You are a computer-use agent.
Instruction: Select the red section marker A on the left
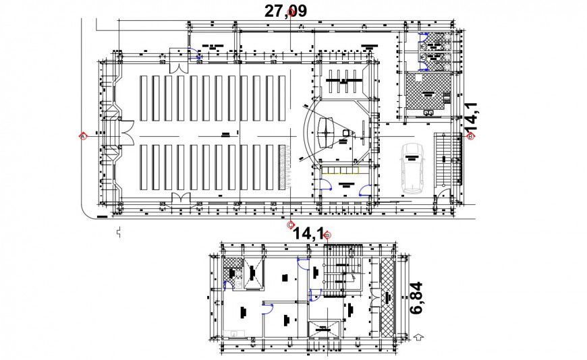[83, 136]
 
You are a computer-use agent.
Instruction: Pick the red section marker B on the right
[471, 136]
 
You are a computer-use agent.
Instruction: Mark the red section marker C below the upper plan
[291, 224]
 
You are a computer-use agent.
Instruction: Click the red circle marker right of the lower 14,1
[328, 235]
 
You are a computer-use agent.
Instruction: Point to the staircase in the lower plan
[337, 273]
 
